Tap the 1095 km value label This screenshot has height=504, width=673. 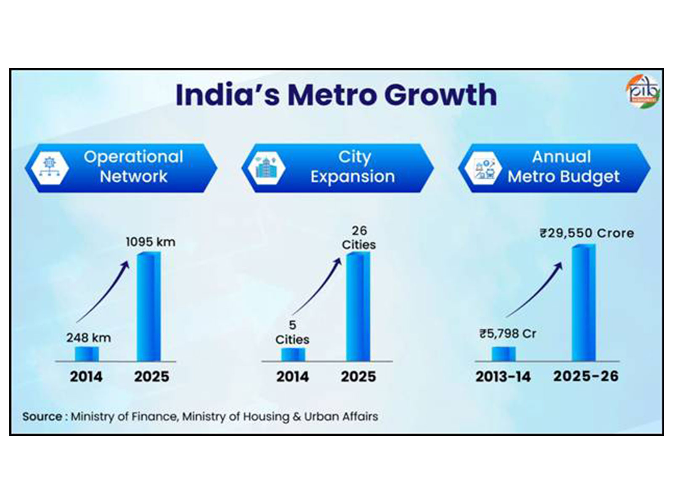pyautogui.click(x=151, y=242)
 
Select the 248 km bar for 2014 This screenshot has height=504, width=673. pyautogui.click(x=87, y=354)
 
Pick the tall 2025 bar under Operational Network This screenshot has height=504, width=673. pyautogui.click(x=149, y=307)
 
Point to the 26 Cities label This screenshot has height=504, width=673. pyautogui.click(x=359, y=238)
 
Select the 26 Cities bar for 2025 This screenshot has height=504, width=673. pyautogui.click(x=358, y=307)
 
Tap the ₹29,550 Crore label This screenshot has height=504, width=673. pyautogui.click(x=587, y=233)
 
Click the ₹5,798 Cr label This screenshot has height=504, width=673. pyautogui.click(x=508, y=334)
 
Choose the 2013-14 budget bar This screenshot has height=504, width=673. pyautogui.click(x=503, y=354)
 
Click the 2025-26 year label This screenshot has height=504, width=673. pyautogui.click(x=586, y=376)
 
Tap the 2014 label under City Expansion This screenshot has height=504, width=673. pyautogui.click(x=292, y=376)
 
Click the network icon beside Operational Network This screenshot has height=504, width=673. pyautogui.click(x=50, y=168)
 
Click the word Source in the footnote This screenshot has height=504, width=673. pyautogui.click(x=42, y=417)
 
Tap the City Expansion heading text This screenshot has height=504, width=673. pyautogui.click(x=353, y=167)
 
